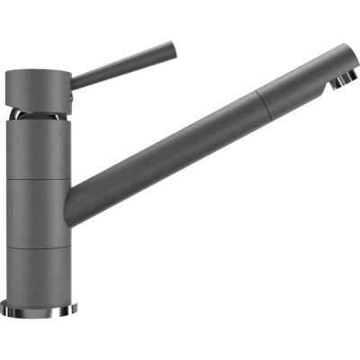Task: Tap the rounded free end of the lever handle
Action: coord(170,46)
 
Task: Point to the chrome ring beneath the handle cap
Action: coord(39,116)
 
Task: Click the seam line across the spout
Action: coord(260,94)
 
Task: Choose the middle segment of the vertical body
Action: coord(38,211)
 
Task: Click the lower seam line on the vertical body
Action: coord(38,242)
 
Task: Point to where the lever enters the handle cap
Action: coord(72,78)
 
